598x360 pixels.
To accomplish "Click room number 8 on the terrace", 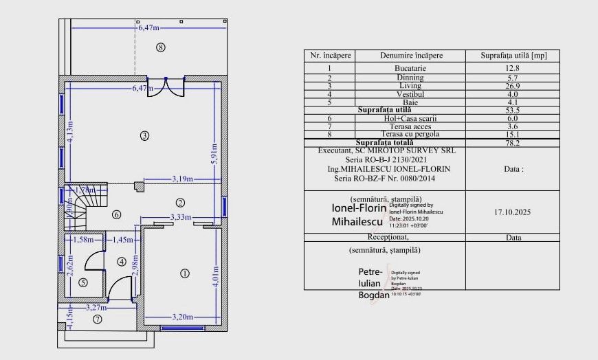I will coord(161,47).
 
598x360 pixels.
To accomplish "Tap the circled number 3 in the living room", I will coord(144,135).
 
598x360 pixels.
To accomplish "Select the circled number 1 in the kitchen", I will coord(184,273).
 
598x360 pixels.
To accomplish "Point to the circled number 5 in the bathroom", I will coord(83,282).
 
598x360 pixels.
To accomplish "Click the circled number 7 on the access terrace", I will coord(98,319).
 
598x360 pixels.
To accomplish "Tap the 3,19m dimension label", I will coord(181,180).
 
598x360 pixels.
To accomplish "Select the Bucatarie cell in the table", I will coord(410,68).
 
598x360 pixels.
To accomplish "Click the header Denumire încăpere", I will coord(411,55).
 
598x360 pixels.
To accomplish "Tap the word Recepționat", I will coord(384,236).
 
